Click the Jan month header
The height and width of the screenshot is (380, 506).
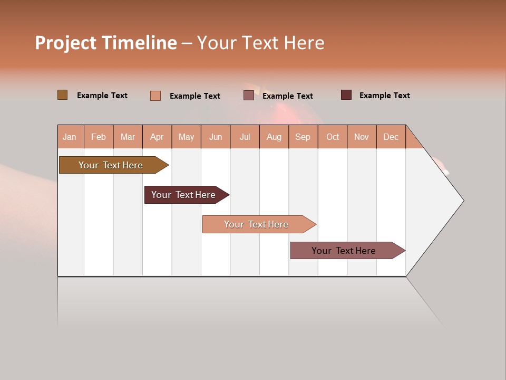tap(70, 137)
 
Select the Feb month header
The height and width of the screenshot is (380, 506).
tap(99, 137)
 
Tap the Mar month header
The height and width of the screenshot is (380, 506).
tap(128, 137)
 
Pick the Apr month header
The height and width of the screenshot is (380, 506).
tap(157, 137)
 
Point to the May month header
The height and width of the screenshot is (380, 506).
tap(186, 137)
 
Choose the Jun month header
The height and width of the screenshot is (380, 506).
tap(216, 137)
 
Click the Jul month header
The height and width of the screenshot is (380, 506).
tap(245, 137)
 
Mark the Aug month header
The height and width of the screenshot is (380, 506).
tap(274, 137)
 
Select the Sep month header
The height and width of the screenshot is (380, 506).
tap(303, 137)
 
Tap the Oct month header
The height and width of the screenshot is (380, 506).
tap(333, 137)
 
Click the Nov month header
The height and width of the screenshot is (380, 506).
tap(362, 137)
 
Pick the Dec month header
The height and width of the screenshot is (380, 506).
tap(391, 137)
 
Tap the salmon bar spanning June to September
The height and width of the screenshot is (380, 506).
tap(257, 224)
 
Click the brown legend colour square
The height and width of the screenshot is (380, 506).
tap(62, 95)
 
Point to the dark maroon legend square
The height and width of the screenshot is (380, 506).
tap(346, 95)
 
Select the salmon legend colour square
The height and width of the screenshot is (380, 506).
tap(155, 96)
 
